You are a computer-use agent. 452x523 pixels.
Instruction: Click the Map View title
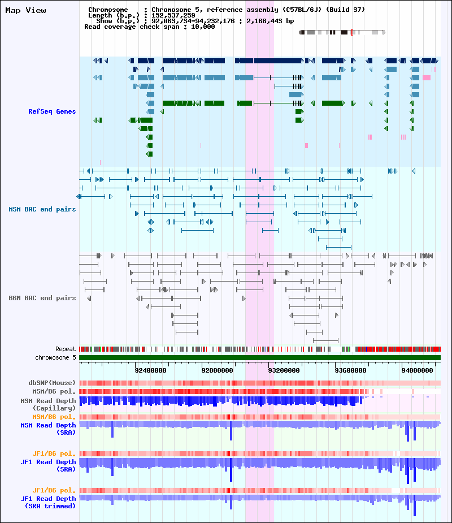(25, 10)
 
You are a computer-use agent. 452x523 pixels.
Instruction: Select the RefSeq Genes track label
(52, 111)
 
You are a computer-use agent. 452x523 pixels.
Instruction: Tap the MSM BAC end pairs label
(42, 209)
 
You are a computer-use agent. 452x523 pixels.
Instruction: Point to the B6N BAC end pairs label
(42, 298)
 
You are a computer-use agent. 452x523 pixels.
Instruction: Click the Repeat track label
(66, 349)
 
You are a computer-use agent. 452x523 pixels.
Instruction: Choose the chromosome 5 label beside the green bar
(55, 357)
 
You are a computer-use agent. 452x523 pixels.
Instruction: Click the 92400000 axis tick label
(150, 371)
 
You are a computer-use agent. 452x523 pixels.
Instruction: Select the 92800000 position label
(217, 371)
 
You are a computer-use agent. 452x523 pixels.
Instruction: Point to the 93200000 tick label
(284, 371)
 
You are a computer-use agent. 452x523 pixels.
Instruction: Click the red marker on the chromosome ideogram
(352, 32)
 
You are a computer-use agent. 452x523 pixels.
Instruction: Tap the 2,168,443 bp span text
(270, 21)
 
